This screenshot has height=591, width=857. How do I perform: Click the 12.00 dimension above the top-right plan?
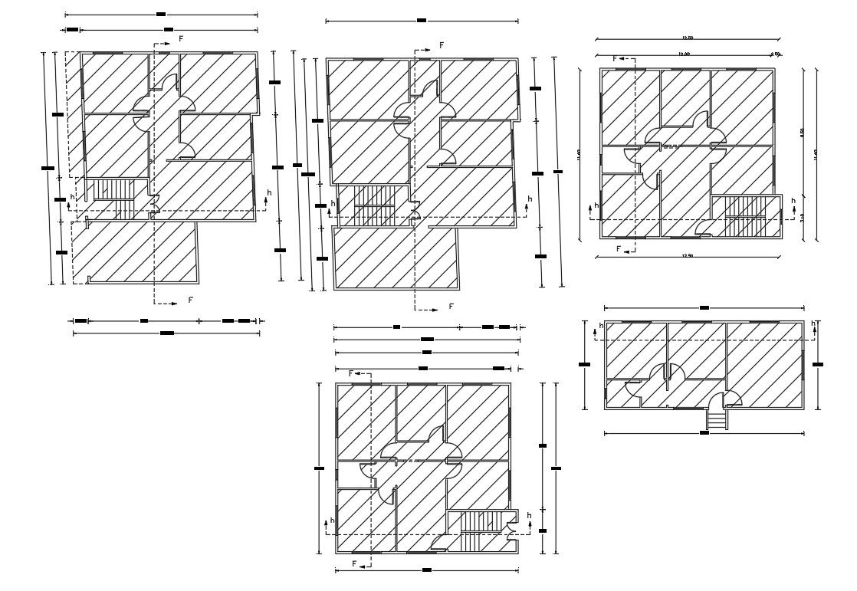684,54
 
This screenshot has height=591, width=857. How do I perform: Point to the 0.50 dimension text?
775,54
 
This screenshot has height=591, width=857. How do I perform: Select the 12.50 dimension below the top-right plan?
687,254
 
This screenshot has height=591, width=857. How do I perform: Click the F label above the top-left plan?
181,38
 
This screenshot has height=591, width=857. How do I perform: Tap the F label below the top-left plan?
191,299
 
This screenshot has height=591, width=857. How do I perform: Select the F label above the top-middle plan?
442,45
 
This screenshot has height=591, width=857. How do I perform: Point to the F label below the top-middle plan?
451,307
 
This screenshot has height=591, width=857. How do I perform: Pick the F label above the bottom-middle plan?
352,373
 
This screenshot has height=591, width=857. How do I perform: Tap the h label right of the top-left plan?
268,192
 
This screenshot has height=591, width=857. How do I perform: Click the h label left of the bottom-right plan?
601,326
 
